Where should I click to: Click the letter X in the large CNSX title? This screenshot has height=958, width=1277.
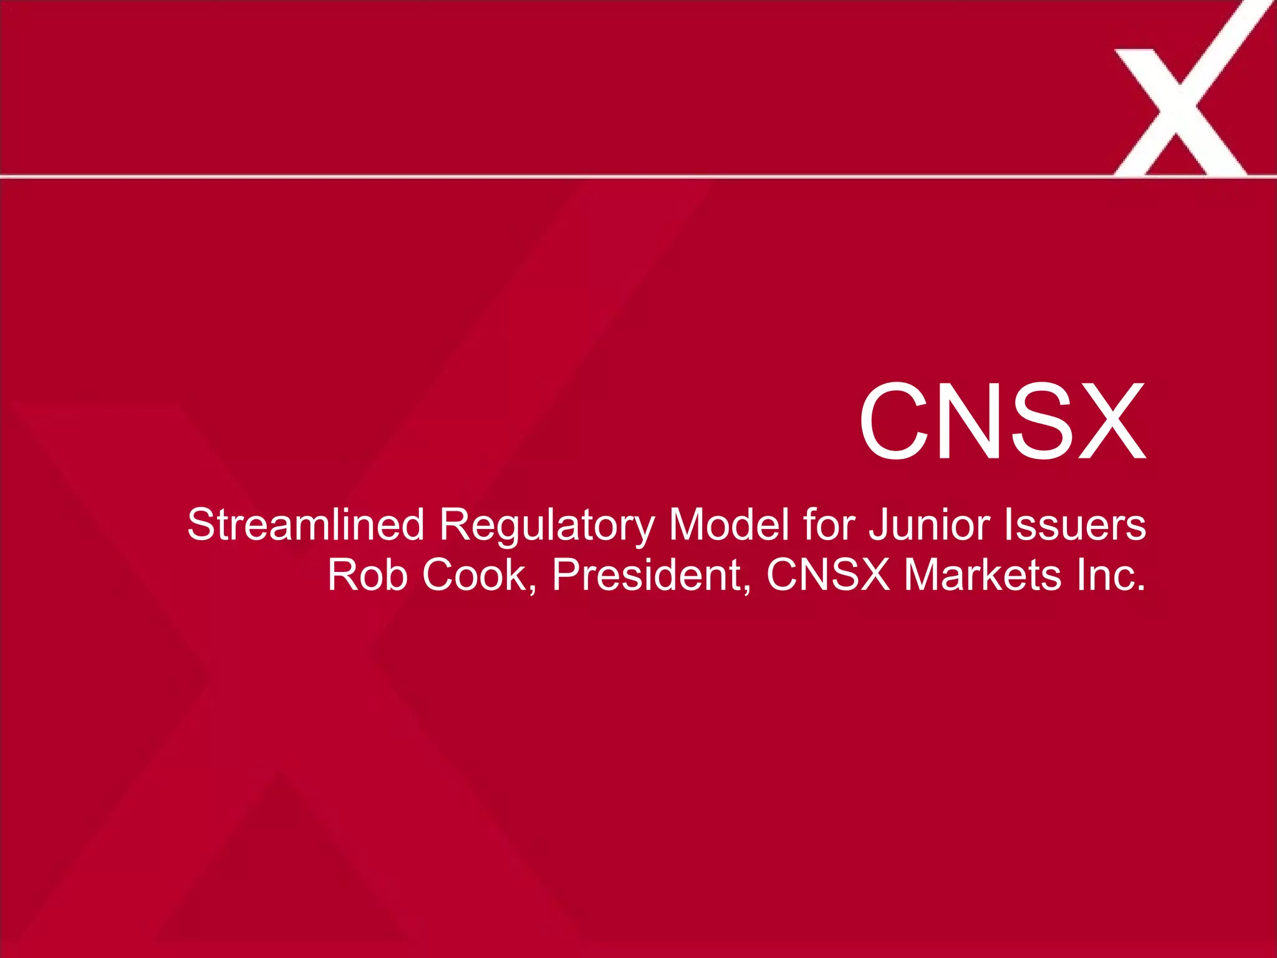point(1110,422)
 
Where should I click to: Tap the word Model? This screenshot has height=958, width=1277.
point(728,525)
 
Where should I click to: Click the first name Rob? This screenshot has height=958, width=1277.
point(367,575)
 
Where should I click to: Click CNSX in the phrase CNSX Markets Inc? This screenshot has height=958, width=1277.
point(827,575)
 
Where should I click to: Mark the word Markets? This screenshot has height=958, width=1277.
point(982,575)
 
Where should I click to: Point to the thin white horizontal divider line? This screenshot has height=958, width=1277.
point(561,177)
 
